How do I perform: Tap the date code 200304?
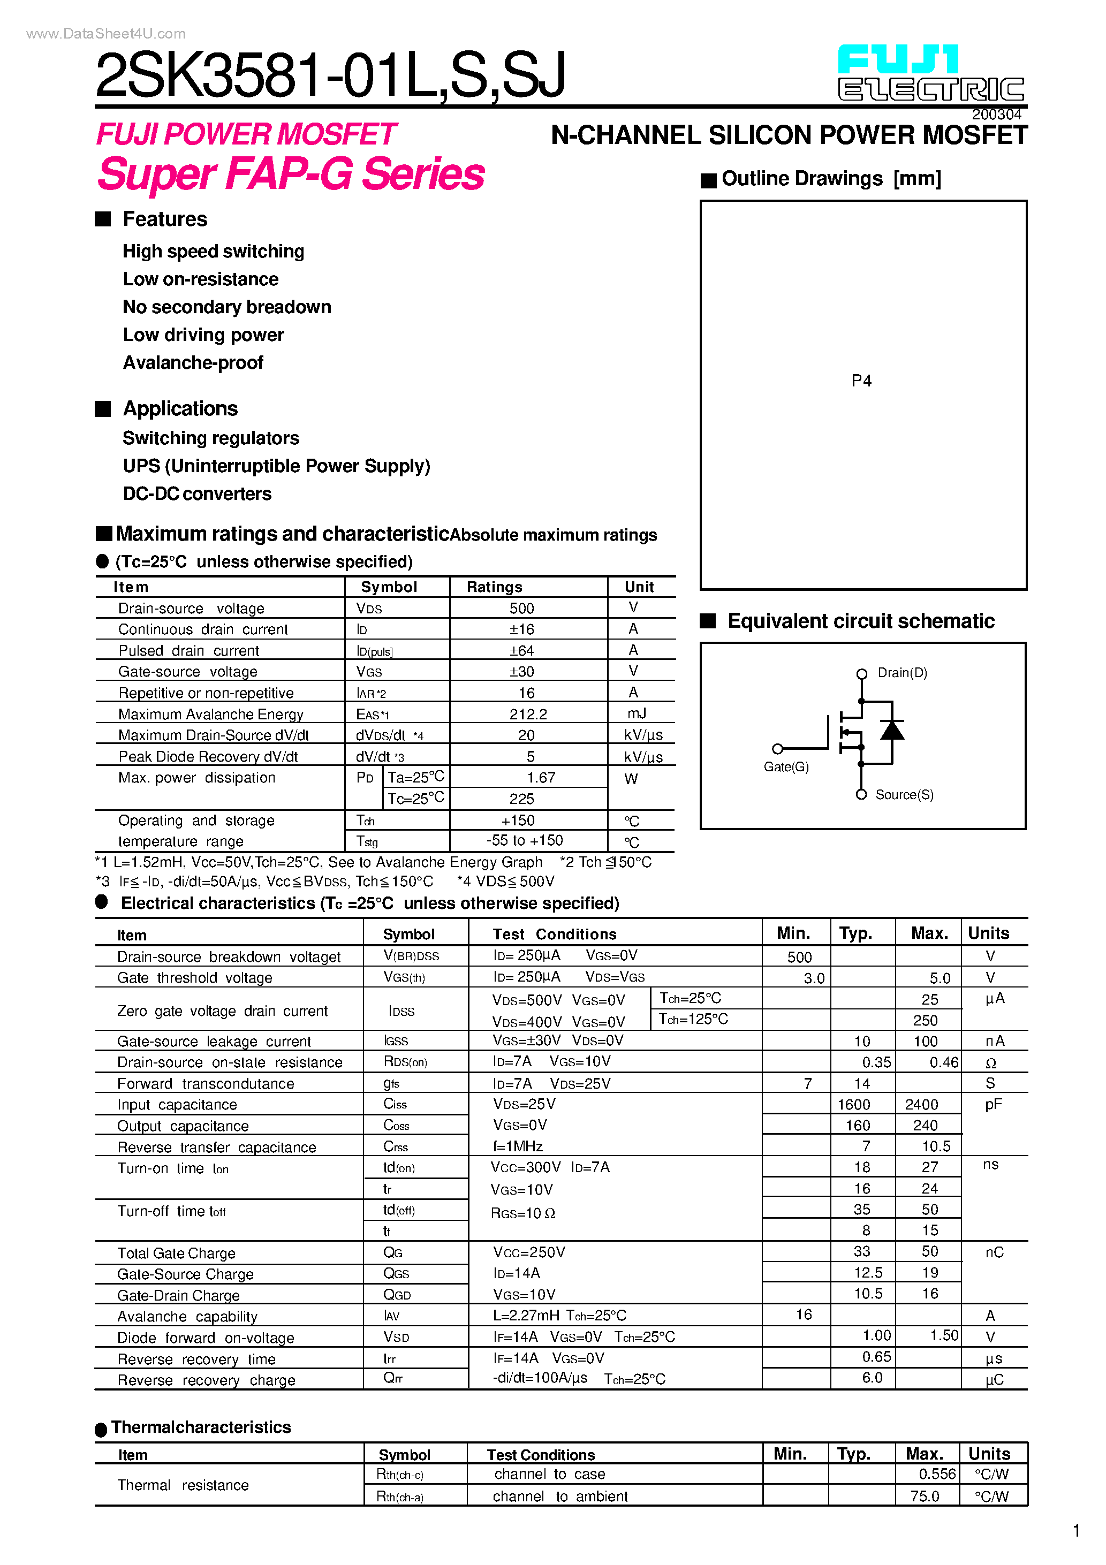click(996, 115)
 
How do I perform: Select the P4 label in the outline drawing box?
click(861, 381)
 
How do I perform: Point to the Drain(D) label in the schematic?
click(902, 673)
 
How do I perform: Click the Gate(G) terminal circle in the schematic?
click(777, 748)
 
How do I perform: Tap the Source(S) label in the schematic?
click(904, 795)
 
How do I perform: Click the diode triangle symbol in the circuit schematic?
click(892, 730)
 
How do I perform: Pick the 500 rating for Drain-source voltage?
click(521, 608)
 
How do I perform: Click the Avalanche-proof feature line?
click(193, 363)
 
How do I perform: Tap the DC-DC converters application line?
click(197, 493)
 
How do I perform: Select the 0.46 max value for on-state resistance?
click(944, 1062)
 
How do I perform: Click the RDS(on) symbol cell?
click(405, 1062)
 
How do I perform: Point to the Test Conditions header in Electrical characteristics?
click(555, 934)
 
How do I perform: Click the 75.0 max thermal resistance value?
click(925, 1496)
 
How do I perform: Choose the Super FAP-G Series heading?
click(291, 174)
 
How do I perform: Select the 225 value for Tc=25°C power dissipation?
click(521, 799)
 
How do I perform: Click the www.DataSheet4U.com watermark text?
click(105, 33)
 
